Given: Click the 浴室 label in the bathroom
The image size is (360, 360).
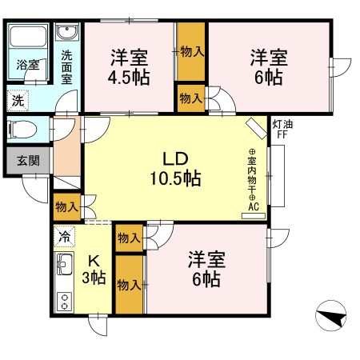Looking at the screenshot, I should (29, 65).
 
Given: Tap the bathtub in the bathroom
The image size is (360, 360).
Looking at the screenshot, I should (29, 38).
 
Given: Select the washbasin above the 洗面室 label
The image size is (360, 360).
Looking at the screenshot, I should (66, 33).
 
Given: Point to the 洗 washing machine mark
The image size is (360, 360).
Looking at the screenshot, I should (18, 101).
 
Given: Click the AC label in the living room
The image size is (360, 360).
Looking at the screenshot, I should (253, 206).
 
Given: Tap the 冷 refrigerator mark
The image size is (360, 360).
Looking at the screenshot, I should (65, 237).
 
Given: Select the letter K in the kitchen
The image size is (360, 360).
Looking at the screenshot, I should (93, 261).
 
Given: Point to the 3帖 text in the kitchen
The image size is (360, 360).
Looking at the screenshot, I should (94, 278).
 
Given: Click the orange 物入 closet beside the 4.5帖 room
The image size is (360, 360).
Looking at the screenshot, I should (191, 51).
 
